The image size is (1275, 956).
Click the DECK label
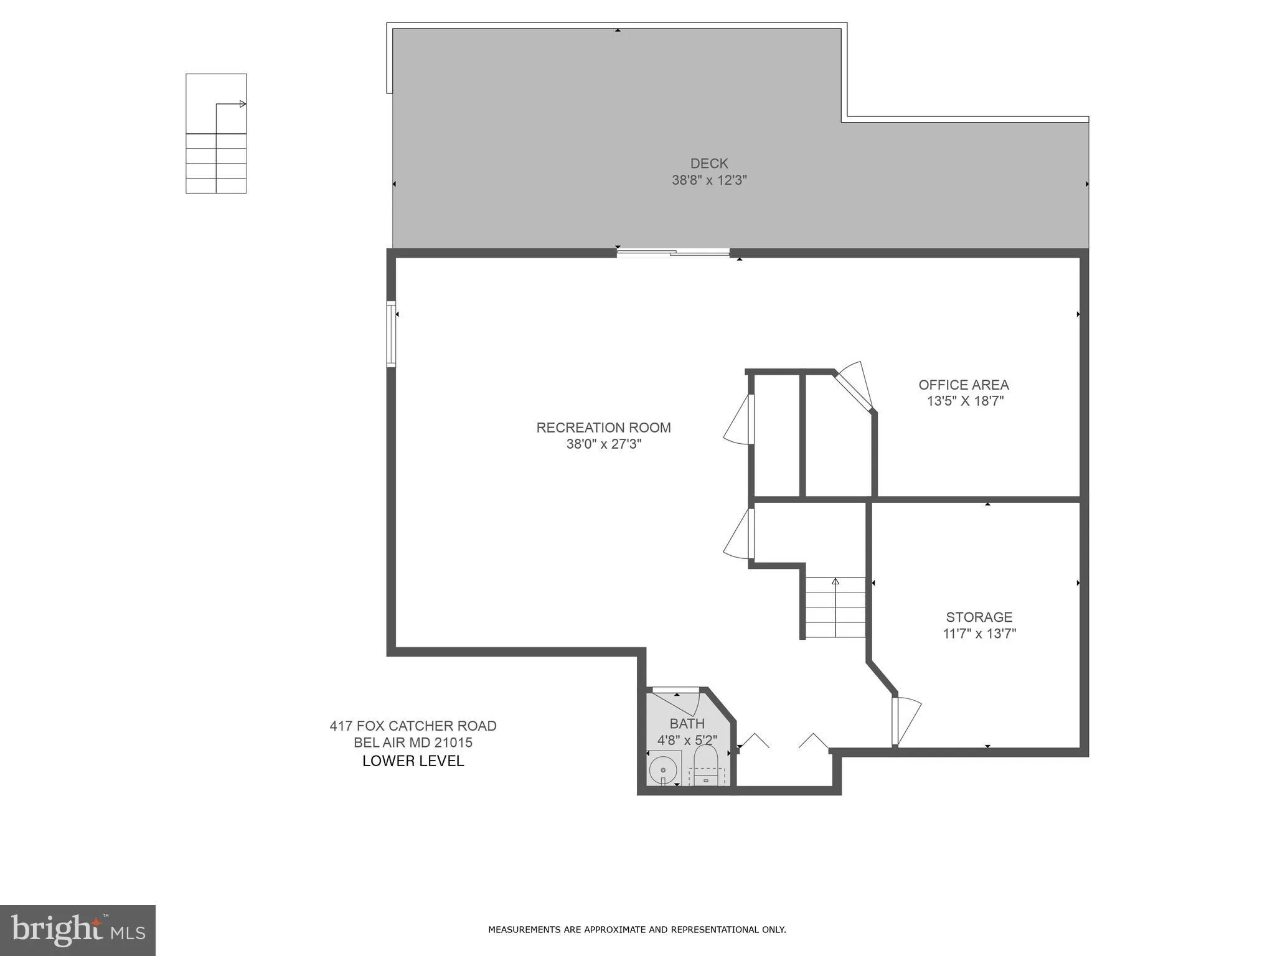[x=708, y=163]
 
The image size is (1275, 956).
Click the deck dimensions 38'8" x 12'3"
[x=708, y=180]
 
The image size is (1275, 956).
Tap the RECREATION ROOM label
[x=603, y=428]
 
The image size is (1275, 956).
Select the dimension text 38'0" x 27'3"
[x=603, y=444]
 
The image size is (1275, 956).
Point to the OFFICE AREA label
[x=963, y=385]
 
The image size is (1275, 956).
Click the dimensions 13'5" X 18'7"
[x=965, y=401]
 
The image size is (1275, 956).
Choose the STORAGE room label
[x=979, y=617]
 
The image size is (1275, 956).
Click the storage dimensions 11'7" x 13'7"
[x=979, y=634]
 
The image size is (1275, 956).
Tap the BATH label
[x=687, y=723]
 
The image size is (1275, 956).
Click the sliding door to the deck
[x=672, y=252]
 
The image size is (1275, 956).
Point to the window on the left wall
[x=391, y=334]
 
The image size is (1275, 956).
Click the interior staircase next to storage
[x=835, y=607]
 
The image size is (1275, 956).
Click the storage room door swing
[x=906, y=722]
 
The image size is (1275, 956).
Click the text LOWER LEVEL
[x=413, y=761]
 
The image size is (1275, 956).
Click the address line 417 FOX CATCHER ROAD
[x=413, y=726]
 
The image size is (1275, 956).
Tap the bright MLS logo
[x=77, y=930]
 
